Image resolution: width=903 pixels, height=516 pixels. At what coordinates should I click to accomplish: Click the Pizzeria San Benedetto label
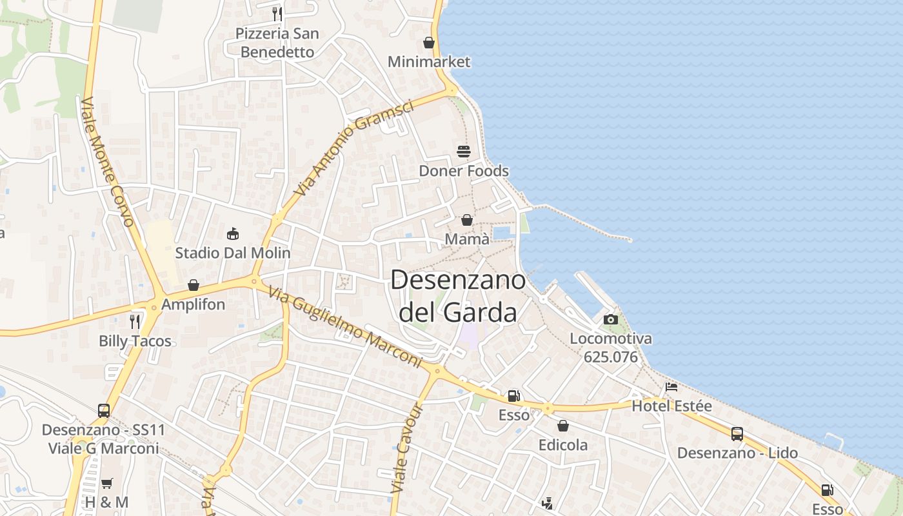pyautogui.click(x=277, y=43)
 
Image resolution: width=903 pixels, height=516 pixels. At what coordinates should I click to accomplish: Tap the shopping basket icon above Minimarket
pyautogui.click(x=429, y=43)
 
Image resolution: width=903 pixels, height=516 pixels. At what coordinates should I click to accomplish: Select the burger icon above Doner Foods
pyautogui.click(x=464, y=152)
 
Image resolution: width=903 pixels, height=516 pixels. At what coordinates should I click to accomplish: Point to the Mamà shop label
pyautogui.click(x=467, y=239)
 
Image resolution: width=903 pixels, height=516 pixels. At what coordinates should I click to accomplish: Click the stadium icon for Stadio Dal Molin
pyautogui.click(x=233, y=233)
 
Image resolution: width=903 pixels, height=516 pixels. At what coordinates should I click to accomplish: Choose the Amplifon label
pyautogui.click(x=193, y=304)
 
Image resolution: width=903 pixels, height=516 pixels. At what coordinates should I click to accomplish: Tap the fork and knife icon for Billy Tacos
pyautogui.click(x=135, y=321)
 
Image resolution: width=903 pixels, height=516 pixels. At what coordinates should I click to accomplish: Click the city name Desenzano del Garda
pyautogui.click(x=458, y=297)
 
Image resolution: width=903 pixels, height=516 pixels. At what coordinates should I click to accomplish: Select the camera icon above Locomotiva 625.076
pyautogui.click(x=610, y=319)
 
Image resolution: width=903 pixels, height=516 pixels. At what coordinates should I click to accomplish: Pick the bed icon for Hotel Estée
pyautogui.click(x=671, y=387)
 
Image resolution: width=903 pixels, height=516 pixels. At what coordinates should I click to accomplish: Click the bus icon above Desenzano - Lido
pyautogui.click(x=737, y=434)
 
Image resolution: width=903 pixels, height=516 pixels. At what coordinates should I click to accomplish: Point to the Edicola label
pyautogui.click(x=563, y=445)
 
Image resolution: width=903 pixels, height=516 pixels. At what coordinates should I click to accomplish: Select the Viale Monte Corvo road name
pyautogui.click(x=108, y=161)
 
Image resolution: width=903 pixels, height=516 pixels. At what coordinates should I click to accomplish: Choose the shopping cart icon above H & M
pyautogui.click(x=107, y=483)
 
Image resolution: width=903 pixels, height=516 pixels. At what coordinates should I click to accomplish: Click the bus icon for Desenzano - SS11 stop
pyautogui.click(x=104, y=410)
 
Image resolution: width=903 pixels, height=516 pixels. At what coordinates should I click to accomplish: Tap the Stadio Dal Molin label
pyautogui.click(x=233, y=253)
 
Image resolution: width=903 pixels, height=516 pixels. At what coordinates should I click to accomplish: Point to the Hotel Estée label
pyautogui.click(x=671, y=406)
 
